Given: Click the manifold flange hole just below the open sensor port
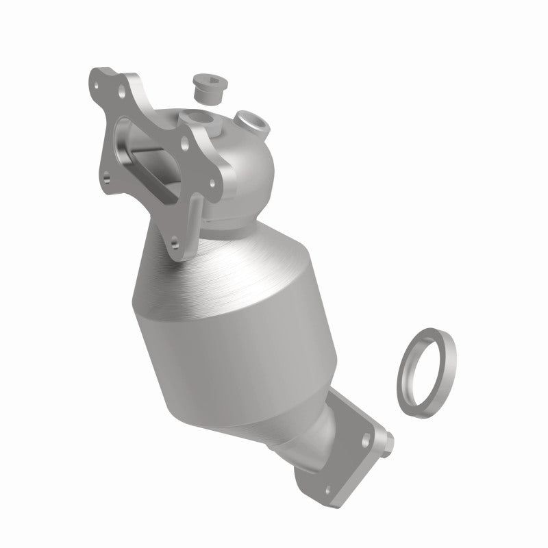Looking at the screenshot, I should click(184, 143).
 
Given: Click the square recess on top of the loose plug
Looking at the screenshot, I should click(203, 80).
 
